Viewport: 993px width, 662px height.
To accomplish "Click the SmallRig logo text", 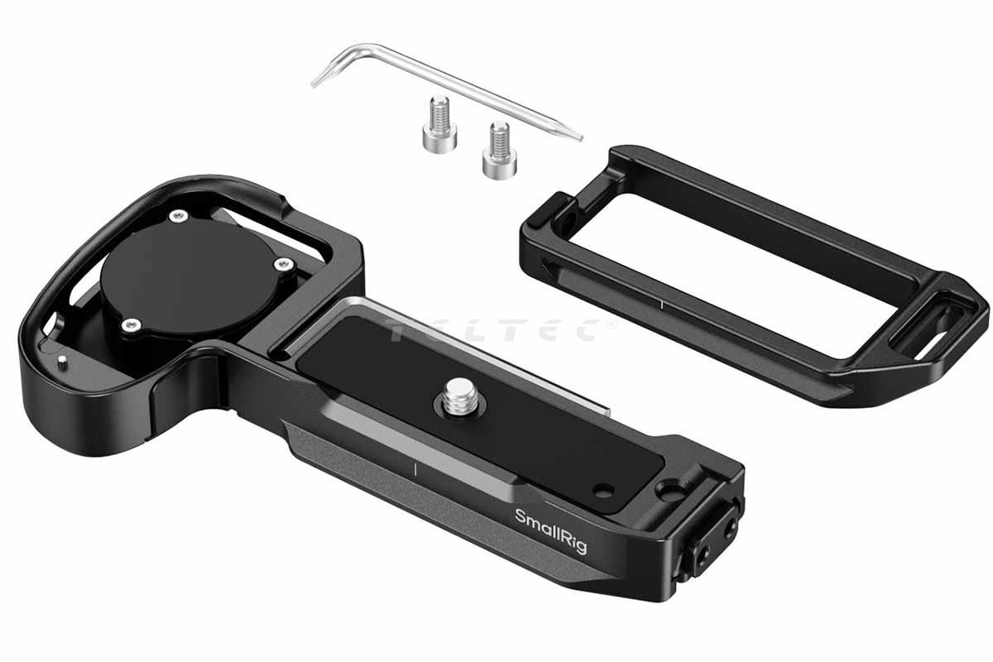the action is [x=550, y=531].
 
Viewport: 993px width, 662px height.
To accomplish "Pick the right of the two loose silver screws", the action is [x=500, y=150].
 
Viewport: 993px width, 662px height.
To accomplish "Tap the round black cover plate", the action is [x=190, y=277].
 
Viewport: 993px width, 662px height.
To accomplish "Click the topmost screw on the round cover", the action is [x=179, y=216].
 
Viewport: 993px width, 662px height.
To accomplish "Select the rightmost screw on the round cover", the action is [x=284, y=265].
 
